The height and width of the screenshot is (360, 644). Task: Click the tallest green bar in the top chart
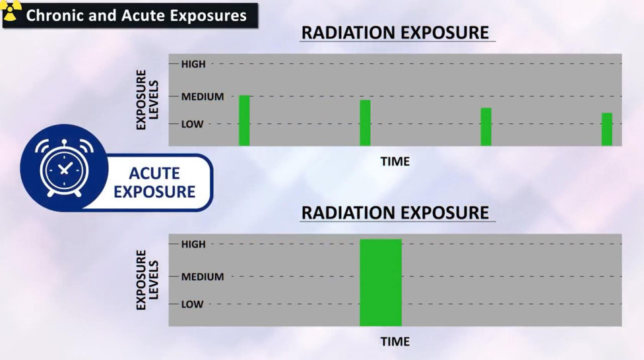point(244,121)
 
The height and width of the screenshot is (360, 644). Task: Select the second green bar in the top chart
point(365,123)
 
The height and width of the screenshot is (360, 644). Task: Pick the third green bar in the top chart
point(486,127)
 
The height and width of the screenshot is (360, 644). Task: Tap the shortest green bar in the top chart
point(606,129)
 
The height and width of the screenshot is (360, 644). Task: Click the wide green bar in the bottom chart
point(380,283)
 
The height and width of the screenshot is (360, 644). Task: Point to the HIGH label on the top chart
point(193,64)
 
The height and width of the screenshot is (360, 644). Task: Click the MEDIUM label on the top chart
point(203,97)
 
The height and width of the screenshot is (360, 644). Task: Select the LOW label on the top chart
point(192,124)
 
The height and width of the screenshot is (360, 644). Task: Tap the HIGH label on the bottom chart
point(193,244)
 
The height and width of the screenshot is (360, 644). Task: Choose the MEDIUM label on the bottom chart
point(203,277)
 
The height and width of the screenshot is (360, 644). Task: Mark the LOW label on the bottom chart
point(192,305)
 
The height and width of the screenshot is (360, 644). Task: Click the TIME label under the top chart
point(395,162)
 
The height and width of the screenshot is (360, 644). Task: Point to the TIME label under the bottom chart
point(395,342)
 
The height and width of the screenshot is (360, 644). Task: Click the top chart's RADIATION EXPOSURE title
point(395,32)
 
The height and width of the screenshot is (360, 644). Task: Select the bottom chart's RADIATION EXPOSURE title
point(395,213)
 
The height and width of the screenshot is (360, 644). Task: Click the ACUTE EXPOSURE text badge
point(154,183)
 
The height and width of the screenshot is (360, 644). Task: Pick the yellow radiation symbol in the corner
point(11,9)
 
